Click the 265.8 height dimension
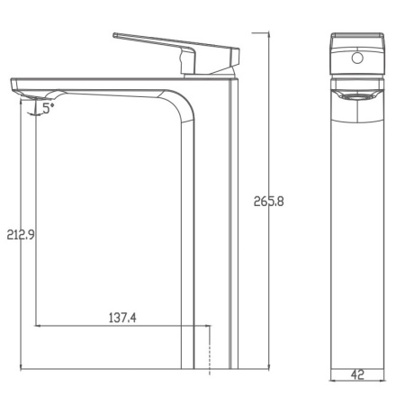(x=269, y=202)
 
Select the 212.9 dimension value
(x=21, y=235)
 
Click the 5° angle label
(x=48, y=105)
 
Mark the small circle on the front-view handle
(x=357, y=60)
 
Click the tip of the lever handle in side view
(x=116, y=36)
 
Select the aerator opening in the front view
(x=357, y=94)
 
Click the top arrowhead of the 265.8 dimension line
(x=270, y=33)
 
